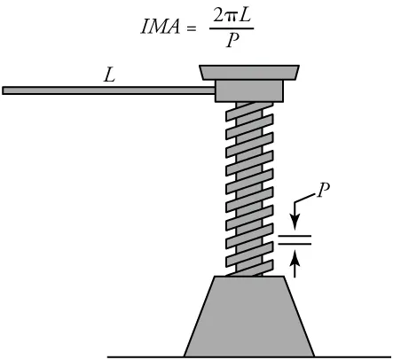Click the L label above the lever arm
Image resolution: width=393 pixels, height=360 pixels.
(x=109, y=75)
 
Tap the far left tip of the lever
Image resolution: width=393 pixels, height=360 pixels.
(x=4, y=90)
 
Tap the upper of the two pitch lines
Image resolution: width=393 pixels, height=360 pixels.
(x=295, y=235)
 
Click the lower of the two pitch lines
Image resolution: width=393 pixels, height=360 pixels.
(x=295, y=243)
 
